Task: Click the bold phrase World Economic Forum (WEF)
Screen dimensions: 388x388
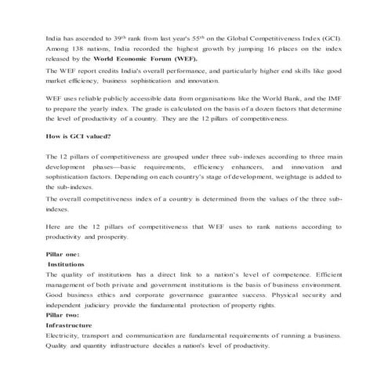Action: click(x=145, y=59)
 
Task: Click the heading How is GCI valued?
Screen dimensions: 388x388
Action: click(x=77, y=136)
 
